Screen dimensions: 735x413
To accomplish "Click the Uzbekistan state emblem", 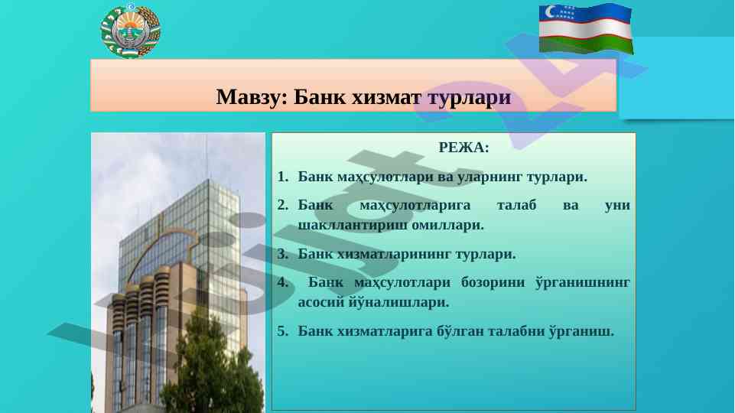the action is [131, 31].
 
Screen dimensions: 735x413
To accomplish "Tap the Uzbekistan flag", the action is [586, 28].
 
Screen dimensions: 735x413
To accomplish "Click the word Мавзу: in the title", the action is [252, 97].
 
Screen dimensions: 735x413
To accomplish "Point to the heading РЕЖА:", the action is [463, 148].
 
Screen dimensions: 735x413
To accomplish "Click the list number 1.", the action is [283, 177].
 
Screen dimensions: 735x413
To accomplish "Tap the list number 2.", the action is [283, 205].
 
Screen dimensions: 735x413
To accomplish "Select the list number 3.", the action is [283, 254].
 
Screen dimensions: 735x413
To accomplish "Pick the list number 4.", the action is [283, 282].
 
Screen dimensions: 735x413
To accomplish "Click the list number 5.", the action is [283, 331].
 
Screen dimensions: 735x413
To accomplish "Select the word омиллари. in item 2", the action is [447, 225].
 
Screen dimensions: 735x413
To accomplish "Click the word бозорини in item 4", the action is [493, 283].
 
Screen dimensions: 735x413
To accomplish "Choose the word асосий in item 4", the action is [321, 302].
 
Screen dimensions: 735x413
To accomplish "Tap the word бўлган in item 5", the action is [460, 331].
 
